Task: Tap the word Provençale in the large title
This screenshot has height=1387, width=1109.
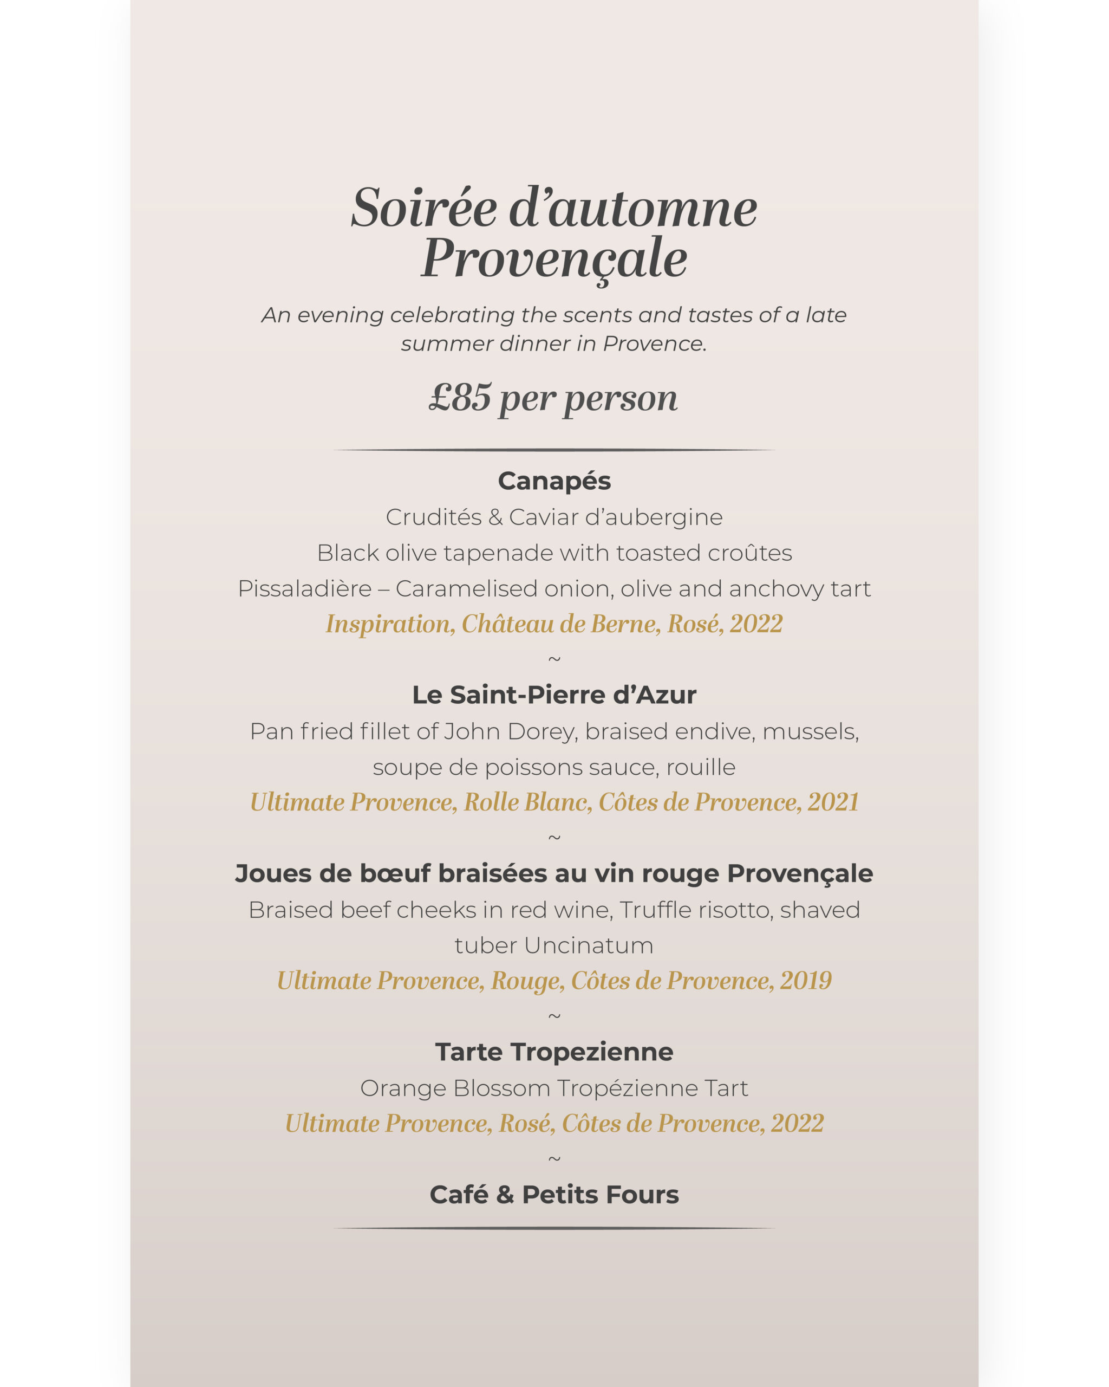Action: click(553, 258)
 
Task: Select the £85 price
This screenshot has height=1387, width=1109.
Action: click(460, 398)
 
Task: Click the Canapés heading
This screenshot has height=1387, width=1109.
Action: click(554, 481)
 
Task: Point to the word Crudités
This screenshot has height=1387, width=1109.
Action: click(434, 517)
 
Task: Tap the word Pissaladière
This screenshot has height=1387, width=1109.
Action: click(305, 588)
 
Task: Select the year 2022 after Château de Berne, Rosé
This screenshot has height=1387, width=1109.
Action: click(756, 624)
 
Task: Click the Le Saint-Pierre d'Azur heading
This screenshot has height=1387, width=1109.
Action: click(554, 695)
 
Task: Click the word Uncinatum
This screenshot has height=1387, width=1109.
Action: click(589, 945)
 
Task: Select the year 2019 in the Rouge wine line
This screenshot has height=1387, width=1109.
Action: click(806, 981)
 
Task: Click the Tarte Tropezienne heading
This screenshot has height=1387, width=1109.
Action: click(554, 1052)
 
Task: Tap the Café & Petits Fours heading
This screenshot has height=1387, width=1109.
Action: click(554, 1195)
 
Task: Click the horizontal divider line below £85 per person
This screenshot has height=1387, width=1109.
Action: click(554, 450)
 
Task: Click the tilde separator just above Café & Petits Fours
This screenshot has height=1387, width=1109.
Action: click(554, 1159)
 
